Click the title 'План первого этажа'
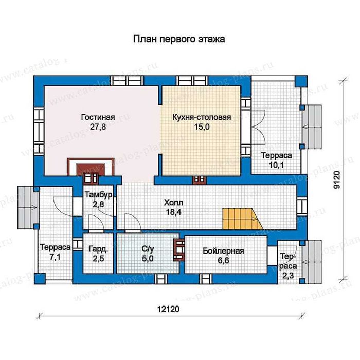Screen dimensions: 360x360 pyautogui.click(x=179, y=39)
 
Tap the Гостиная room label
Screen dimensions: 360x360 pyautogui.click(x=98, y=117)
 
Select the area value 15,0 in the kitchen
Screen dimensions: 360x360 pyautogui.click(x=202, y=127)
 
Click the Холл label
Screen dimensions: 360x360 pyautogui.click(x=174, y=203)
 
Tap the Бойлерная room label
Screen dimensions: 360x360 pyautogui.click(x=223, y=251)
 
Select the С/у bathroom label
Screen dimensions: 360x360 pyautogui.click(x=148, y=249)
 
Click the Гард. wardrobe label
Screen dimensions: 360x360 pyautogui.click(x=98, y=249)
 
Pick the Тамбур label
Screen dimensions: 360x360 pyautogui.click(x=99, y=195)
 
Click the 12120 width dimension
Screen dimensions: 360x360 pyautogui.click(x=168, y=309)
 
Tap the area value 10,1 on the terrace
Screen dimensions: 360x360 pyautogui.click(x=277, y=165)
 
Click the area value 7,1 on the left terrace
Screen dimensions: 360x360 pyautogui.click(x=55, y=257)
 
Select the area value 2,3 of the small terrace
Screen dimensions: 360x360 pyautogui.click(x=288, y=275)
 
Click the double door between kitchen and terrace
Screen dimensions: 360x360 pyautogui.click(x=258, y=127)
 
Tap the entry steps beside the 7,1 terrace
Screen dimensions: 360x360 pyautogui.click(x=27, y=208)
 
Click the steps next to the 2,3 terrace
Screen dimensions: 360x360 pyautogui.click(x=312, y=262)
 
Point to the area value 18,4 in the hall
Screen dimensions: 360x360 pyautogui.click(x=174, y=212)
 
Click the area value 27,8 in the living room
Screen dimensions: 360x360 pyautogui.click(x=98, y=127)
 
